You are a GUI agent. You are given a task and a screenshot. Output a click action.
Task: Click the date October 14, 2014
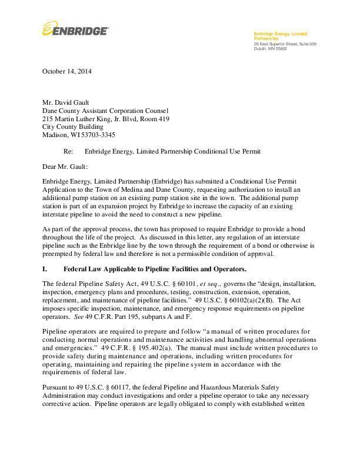click(67, 72)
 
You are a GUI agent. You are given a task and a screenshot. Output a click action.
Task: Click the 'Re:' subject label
click(68, 151)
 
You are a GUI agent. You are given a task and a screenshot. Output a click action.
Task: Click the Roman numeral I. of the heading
click(45, 269)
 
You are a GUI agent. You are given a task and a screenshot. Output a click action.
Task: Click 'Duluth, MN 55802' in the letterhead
click(270, 48)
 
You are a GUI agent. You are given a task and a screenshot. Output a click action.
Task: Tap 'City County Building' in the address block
click(73, 127)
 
